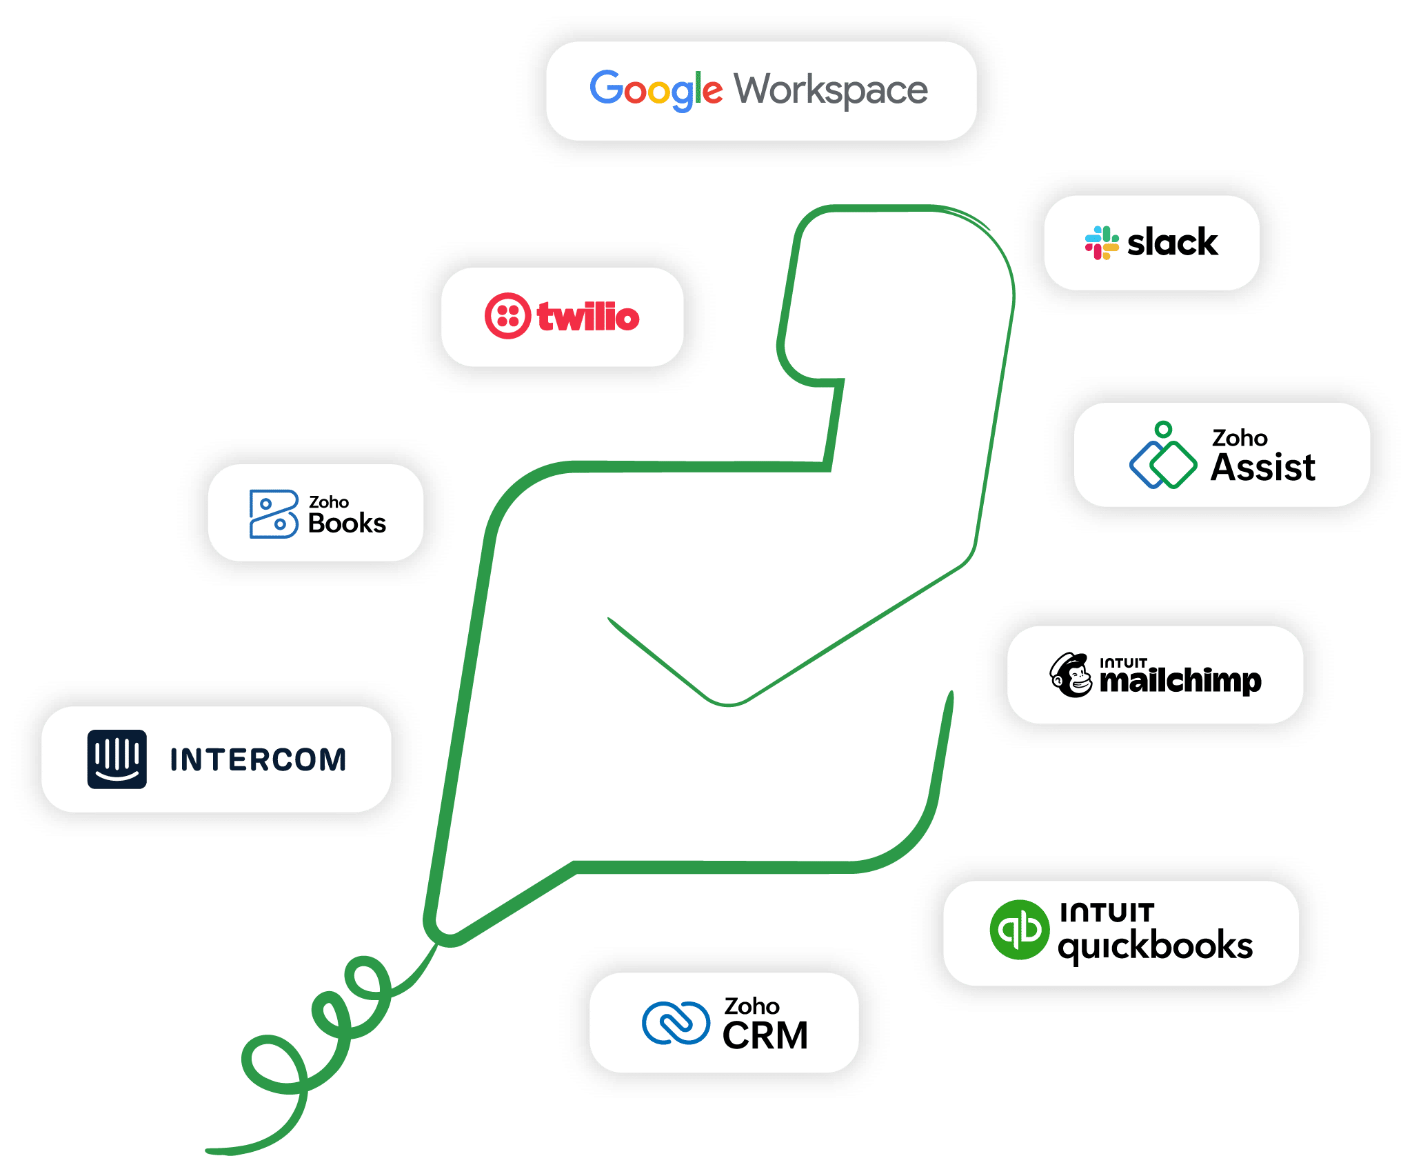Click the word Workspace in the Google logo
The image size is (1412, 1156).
(831, 90)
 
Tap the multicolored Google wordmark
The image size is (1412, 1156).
(656, 90)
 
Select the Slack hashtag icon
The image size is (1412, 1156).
(1101, 243)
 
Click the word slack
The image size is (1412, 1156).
(1172, 243)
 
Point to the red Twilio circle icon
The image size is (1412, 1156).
(507, 317)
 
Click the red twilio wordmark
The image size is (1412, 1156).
(588, 317)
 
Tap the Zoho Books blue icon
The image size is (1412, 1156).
(274, 514)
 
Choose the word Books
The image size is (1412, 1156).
(347, 524)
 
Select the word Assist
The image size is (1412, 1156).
(1263, 468)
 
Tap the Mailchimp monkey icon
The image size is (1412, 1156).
(1071, 675)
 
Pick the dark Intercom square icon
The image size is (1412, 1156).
(117, 759)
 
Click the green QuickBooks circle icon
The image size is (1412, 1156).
(1020, 930)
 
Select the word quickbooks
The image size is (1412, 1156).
(1156, 946)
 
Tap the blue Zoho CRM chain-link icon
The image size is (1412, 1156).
(676, 1023)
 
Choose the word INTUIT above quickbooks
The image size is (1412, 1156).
(1107, 913)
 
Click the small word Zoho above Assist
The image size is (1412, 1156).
(1240, 438)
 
